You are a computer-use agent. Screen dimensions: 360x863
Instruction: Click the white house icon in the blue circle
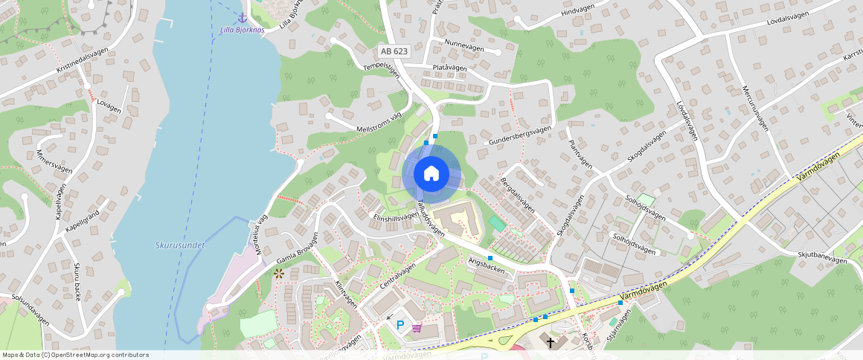[x=431, y=174]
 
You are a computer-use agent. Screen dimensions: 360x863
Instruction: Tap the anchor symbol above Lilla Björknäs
[x=242, y=18]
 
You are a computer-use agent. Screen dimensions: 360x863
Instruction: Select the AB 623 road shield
[x=394, y=51]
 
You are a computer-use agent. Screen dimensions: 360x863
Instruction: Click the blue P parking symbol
[x=400, y=325]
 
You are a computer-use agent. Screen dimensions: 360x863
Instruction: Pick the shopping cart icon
[x=417, y=327]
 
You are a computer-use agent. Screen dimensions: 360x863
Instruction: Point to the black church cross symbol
[x=551, y=343]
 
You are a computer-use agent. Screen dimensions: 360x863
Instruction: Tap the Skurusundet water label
[x=180, y=245]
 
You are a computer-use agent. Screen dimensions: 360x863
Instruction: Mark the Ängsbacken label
[x=487, y=266]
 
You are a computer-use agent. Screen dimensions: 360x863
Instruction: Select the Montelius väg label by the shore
[x=260, y=236]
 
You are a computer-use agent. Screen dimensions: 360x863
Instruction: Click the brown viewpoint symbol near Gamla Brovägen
[x=279, y=274]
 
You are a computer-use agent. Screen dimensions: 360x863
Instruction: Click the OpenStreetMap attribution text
[x=76, y=355]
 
